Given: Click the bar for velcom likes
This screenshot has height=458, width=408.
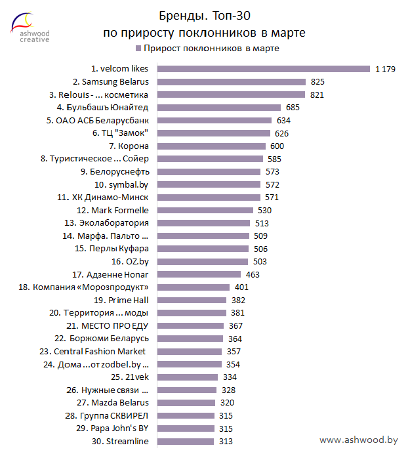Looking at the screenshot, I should coord(264,69).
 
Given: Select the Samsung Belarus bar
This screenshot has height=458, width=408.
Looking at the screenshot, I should coord(232,82).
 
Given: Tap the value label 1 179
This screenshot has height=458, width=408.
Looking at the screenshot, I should coord(385,69).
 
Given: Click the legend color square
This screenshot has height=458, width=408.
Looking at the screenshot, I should coord(138,49).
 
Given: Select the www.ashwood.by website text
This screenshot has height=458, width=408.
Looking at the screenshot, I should coord(359,440).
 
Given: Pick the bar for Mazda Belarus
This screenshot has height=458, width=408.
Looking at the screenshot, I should coord(187,402).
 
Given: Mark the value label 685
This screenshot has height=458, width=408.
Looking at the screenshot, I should coord(293,108).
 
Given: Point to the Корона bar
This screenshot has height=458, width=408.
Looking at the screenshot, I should coord(212,146).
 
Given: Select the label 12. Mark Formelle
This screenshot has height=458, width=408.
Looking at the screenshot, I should coord(113,210).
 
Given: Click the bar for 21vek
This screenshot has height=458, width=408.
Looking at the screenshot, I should coord(188,377).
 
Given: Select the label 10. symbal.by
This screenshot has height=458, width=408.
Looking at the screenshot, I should coord(121,184).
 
